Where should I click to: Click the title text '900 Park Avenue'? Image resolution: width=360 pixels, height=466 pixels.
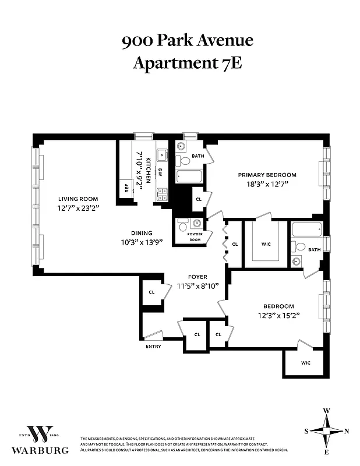(187, 41)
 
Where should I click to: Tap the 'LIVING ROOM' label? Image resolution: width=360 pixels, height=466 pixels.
(77, 199)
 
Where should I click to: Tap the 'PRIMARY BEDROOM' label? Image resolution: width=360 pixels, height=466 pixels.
(267, 175)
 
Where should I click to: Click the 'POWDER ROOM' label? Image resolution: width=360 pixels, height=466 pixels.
(195, 237)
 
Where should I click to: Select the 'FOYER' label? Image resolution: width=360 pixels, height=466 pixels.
(197, 277)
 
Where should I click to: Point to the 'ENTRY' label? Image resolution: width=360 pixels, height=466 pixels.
(153, 347)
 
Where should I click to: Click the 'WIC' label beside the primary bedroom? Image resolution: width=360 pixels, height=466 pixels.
(266, 244)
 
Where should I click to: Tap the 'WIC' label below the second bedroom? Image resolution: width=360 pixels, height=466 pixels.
(305, 363)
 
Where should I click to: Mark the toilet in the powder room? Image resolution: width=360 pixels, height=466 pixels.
(183, 224)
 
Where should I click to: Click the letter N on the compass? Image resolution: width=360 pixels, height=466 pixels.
(347, 431)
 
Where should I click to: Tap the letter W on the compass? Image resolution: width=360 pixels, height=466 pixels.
(327, 411)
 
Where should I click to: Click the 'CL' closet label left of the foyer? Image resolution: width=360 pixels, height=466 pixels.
(151, 292)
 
